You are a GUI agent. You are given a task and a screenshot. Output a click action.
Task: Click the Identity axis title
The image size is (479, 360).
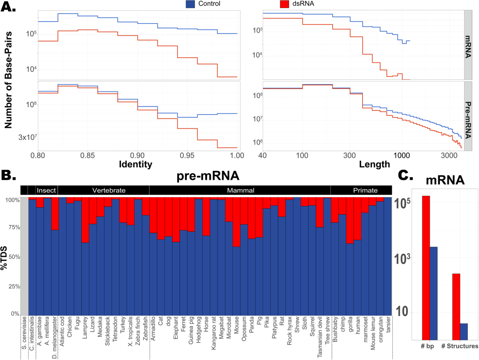[x=137, y=164]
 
